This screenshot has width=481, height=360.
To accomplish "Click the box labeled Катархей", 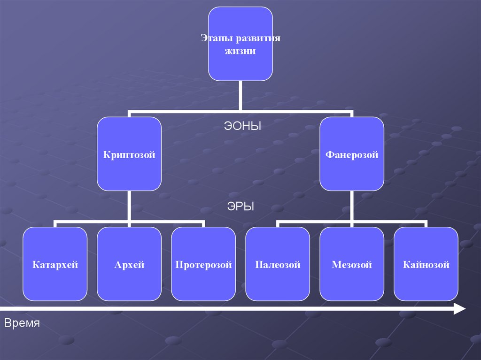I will coord(55,264).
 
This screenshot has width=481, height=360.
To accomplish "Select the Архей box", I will coord(129,264).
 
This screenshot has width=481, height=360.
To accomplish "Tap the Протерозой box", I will coord(203,264).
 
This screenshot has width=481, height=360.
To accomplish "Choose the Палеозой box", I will coord(278,264).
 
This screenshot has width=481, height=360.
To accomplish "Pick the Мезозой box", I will coord(352,264).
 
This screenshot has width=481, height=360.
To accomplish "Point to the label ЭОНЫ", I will coord(241,126).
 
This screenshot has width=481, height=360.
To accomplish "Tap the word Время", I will coord(22,323).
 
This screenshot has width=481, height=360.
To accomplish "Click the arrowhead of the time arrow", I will coord(459,308).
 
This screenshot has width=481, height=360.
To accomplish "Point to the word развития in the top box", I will coord(257,38).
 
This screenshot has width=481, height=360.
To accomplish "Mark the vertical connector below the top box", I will coord(240,96).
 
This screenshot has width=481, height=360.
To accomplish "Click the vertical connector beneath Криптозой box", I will coord(129,206).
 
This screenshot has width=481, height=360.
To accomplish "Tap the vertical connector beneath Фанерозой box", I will coord(352,206).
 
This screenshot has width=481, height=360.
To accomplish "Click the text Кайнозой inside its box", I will coord(426,265).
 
